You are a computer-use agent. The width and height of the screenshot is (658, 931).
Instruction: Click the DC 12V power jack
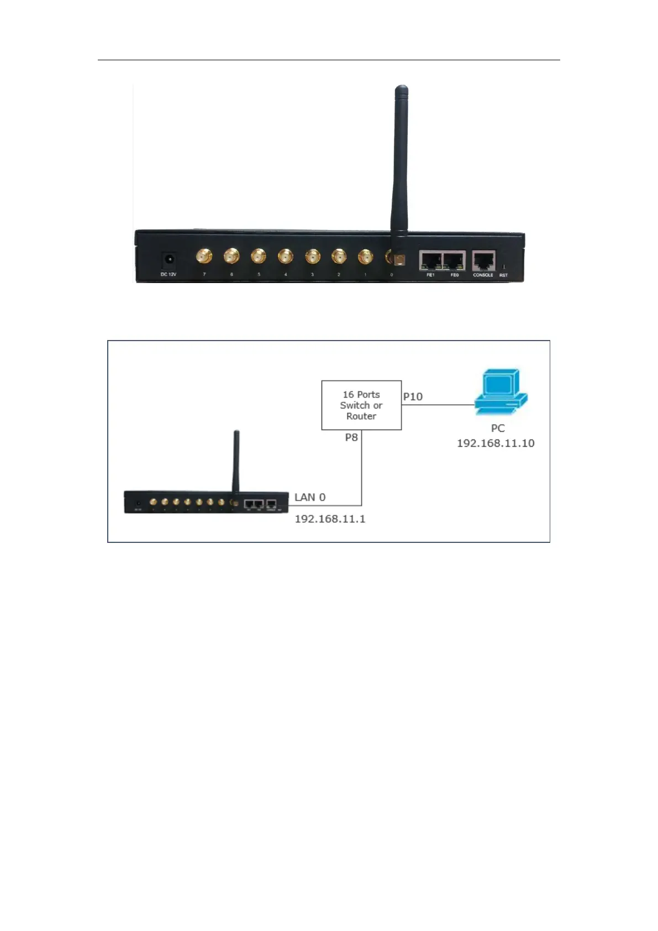click(169, 259)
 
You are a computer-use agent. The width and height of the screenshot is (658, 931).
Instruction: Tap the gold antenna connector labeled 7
click(204, 257)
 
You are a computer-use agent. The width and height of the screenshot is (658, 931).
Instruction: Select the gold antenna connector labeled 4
click(285, 257)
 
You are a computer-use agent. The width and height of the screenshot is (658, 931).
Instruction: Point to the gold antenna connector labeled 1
click(365, 257)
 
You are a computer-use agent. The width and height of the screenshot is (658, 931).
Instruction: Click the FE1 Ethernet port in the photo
click(430, 260)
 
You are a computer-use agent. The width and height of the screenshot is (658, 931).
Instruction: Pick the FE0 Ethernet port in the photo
click(454, 260)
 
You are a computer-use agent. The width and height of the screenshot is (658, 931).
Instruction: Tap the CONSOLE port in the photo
click(483, 260)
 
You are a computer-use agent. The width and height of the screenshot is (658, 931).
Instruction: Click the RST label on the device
click(503, 275)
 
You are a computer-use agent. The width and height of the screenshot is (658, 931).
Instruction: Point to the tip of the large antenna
click(402, 88)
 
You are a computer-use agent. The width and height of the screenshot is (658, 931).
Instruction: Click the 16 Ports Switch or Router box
click(361, 405)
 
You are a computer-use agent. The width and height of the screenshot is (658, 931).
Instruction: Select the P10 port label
click(413, 396)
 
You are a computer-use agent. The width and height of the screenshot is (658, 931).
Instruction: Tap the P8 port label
click(351, 437)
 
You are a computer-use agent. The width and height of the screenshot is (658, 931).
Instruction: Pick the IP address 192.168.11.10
click(496, 443)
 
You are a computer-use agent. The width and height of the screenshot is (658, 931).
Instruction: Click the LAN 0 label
click(310, 497)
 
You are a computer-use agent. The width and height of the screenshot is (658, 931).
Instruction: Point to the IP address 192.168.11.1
click(330, 519)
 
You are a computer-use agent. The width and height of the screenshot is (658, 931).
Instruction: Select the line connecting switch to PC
click(438, 405)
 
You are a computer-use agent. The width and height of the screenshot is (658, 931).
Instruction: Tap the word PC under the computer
click(498, 428)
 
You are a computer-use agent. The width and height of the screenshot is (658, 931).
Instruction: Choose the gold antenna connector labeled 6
click(231, 257)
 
